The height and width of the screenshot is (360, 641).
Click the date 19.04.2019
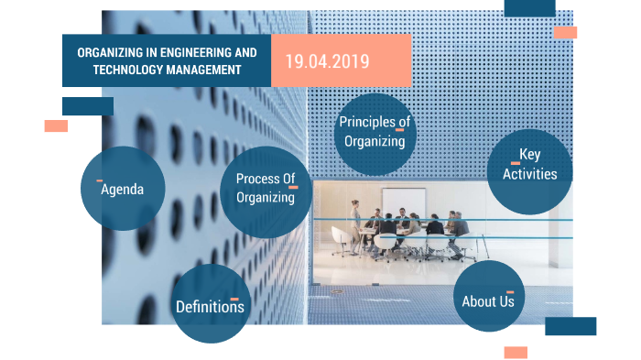327,61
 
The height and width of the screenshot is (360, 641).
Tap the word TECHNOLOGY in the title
128,70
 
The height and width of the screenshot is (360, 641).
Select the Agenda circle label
122,190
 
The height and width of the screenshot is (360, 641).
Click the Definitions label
210,307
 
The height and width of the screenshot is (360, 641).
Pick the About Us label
488,301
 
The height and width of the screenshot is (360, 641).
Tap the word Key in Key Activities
530,155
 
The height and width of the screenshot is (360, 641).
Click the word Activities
530,174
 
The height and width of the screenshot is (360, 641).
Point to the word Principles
367,122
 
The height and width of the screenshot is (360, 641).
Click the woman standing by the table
355,226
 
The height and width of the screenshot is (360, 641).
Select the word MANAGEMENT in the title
203,70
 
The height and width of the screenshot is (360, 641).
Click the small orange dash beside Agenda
99,180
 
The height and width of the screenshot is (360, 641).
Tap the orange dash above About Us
510,292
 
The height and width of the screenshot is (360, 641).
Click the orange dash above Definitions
234,299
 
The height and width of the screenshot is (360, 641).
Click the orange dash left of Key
516,163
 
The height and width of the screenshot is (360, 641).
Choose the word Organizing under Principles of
375,142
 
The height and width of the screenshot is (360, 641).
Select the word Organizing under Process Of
266,198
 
